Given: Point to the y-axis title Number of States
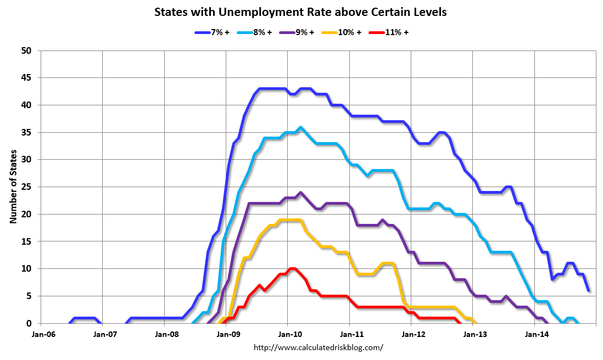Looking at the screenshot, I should [x=13, y=187].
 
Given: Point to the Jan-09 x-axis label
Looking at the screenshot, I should [x=226, y=333].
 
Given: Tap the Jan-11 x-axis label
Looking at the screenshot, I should [x=350, y=333].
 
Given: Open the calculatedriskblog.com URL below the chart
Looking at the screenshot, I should [x=318, y=347].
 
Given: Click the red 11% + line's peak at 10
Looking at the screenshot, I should [x=292, y=269].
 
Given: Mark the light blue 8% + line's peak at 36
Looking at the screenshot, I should [x=300, y=127].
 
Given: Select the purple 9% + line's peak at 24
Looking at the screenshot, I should [x=300, y=193].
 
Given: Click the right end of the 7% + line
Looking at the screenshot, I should [x=589, y=290].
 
